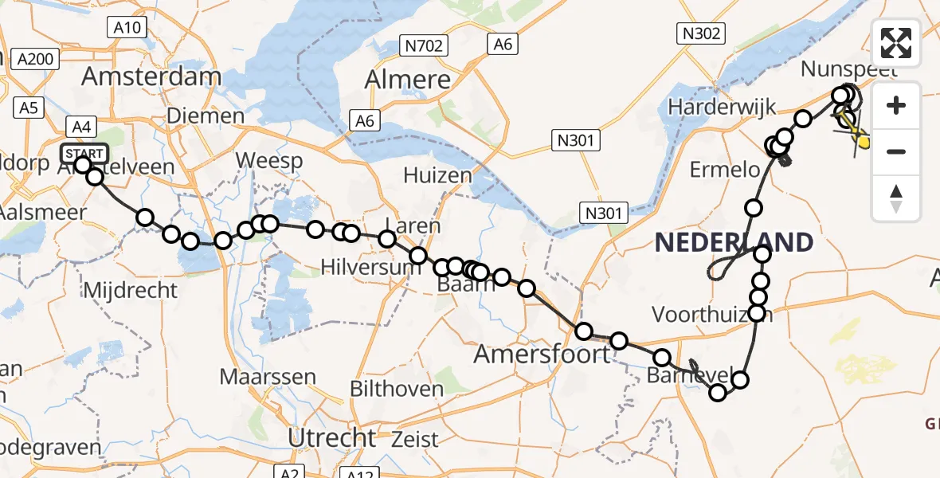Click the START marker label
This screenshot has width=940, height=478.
[x=84, y=153]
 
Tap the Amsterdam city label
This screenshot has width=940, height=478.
[x=151, y=77]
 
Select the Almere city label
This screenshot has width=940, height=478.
[x=408, y=80]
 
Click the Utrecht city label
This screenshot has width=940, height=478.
[x=331, y=437]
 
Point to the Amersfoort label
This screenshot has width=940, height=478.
[x=542, y=354]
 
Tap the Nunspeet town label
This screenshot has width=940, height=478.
[x=844, y=69]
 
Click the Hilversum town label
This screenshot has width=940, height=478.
[x=370, y=267]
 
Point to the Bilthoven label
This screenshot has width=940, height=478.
[x=398, y=389]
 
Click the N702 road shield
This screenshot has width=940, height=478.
[x=422, y=45]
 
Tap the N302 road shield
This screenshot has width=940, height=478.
[x=701, y=33]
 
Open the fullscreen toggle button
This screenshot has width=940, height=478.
[x=896, y=43]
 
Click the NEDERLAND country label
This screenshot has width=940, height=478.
[x=734, y=243]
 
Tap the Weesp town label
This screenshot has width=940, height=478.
[x=270, y=162]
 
